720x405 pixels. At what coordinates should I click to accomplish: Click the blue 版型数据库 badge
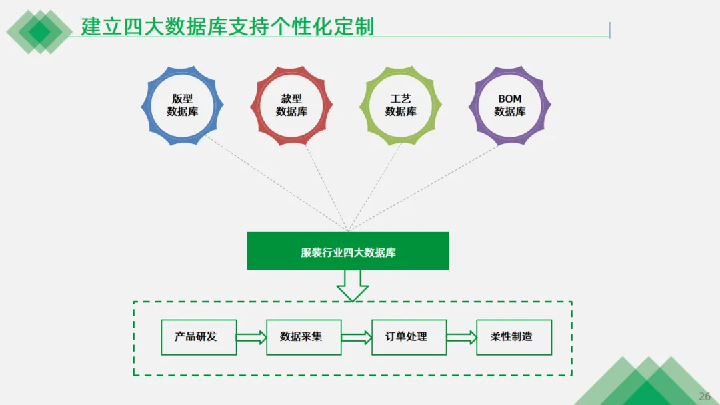point(182,105)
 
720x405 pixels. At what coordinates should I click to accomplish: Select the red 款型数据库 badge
point(291,105)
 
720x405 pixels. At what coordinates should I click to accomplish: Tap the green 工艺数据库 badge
point(401,105)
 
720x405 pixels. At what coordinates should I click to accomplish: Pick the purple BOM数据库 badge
point(510,105)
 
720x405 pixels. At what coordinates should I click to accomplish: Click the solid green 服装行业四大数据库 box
point(348,251)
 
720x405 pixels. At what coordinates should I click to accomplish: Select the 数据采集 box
point(303,337)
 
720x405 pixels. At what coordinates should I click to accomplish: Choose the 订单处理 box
point(409,337)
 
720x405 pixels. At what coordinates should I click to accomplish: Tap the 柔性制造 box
point(513,337)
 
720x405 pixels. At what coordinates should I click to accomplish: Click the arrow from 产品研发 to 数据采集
point(251,338)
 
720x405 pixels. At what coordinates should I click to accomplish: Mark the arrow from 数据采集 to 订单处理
point(356,338)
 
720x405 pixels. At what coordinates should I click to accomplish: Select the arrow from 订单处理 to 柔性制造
point(461,338)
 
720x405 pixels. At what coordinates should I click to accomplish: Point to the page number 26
point(705,396)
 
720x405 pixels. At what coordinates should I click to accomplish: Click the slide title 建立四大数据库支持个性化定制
point(227,27)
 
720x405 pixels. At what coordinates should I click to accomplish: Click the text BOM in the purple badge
point(510,99)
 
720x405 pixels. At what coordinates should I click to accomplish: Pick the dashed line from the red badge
point(327,187)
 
